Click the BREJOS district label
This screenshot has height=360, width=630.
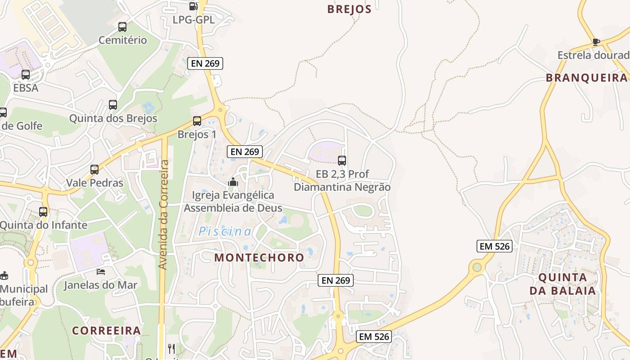coord(349,9)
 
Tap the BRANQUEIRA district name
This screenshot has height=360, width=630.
coord(586,78)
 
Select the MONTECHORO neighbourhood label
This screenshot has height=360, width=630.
coord(259,258)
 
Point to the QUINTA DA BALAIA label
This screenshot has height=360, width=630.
coord(562,284)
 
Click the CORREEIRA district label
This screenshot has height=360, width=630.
coord(107,331)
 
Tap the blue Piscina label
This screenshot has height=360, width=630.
coord(225,232)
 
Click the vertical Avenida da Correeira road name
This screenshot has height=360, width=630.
coord(164,215)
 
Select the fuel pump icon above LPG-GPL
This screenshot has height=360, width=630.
coord(193,6)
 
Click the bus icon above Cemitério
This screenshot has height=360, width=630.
coord(122,27)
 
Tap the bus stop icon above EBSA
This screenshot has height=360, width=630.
coord(26,75)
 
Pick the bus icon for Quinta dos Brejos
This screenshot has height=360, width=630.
coord(113,105)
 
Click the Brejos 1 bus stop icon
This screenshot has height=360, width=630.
coord(197,121)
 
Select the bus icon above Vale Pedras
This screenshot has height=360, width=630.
coord(94,170)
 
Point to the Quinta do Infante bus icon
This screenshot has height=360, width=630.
coord(43,211)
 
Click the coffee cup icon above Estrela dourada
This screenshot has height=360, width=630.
coord(596,42)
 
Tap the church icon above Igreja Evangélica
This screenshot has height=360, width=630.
coord(233,182)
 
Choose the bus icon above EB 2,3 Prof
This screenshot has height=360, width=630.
coord(342,160)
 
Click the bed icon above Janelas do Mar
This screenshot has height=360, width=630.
coord(101,272)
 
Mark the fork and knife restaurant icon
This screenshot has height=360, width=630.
coord(171,349)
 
